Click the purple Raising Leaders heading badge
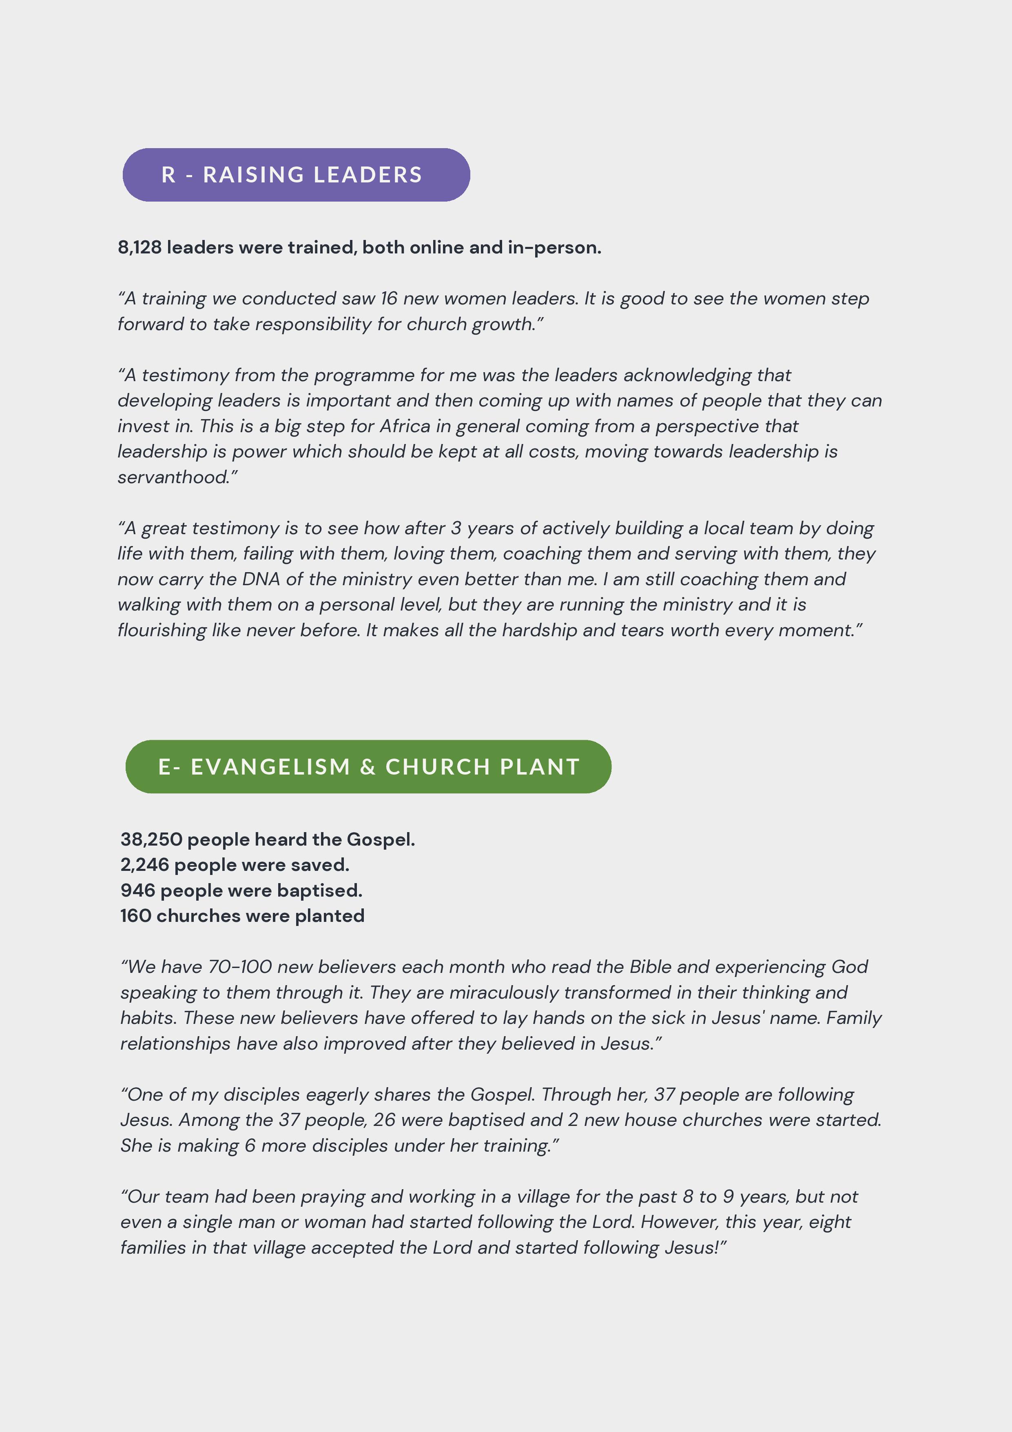296,175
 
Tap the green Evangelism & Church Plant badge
368,766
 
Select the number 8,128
140,248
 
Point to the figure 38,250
151,839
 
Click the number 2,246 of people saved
145,865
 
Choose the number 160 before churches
136,916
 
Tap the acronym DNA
261,579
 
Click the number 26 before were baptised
384,1120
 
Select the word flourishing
162,631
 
